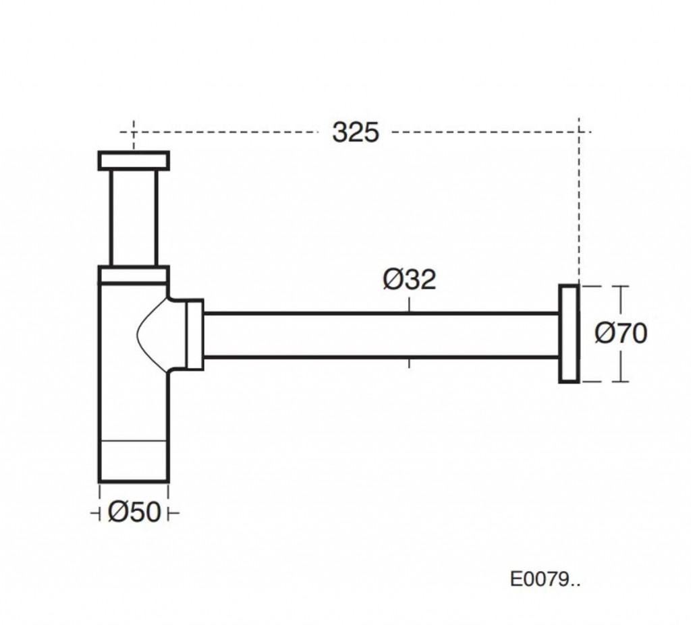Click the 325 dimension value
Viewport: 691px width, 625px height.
pos(356,132)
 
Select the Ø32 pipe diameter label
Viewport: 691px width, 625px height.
pos(410,279)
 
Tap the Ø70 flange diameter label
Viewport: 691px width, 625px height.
pos(621,333)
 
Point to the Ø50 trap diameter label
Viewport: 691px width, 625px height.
pos(134,513)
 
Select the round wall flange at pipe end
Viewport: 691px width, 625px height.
pos(569,334)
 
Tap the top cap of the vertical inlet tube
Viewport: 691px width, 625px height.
pos(134,160)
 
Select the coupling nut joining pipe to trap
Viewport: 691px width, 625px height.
pos(194,334)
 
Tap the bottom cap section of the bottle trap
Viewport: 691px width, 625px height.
pos(134,462)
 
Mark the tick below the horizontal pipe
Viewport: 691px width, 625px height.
pos(409,364)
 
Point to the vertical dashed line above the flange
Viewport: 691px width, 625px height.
pos(578,202)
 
